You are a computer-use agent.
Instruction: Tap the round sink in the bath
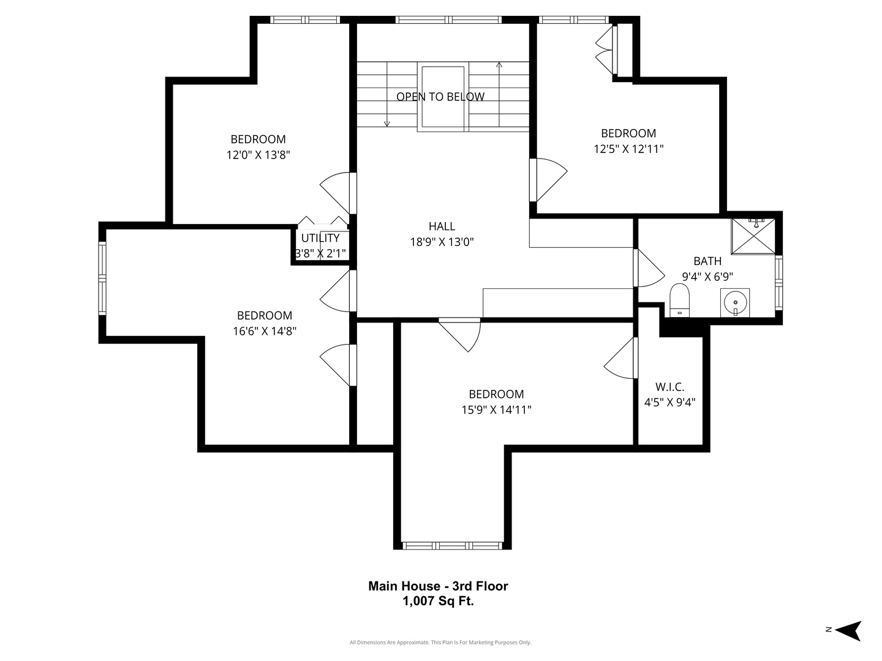735,302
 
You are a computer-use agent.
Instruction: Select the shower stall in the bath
753,236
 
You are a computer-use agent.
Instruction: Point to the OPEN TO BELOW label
440,97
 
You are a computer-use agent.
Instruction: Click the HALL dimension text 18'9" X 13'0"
442,242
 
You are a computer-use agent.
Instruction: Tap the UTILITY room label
320,238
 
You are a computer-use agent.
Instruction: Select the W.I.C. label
670,387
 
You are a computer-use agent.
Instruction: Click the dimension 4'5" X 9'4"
670,402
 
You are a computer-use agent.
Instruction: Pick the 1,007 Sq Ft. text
439,601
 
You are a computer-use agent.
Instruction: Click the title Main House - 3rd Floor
439,586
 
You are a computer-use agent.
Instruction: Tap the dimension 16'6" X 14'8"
265,331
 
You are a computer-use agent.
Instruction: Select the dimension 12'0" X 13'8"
258,154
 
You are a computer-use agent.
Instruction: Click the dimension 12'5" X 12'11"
629,149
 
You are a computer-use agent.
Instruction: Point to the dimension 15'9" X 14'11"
497,410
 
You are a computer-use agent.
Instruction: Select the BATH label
707,261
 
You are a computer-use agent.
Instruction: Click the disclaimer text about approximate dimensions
440,643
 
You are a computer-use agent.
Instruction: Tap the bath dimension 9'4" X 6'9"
707,277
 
